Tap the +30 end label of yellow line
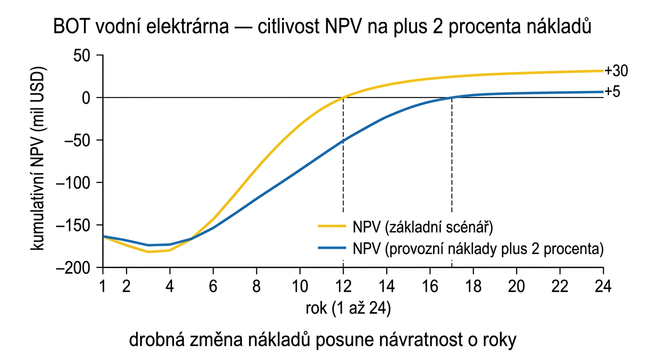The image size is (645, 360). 616,71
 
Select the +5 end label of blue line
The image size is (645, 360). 612,91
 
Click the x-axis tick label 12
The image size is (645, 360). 343,286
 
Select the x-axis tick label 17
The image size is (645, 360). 451,286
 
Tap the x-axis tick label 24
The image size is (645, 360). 603,286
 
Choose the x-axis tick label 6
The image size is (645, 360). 213,286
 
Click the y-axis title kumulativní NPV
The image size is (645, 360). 38,161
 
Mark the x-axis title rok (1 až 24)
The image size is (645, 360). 348,309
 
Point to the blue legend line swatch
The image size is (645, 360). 332,248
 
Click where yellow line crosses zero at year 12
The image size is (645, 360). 343,97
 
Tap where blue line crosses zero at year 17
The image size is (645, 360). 451,97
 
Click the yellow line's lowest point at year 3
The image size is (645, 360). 148,252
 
